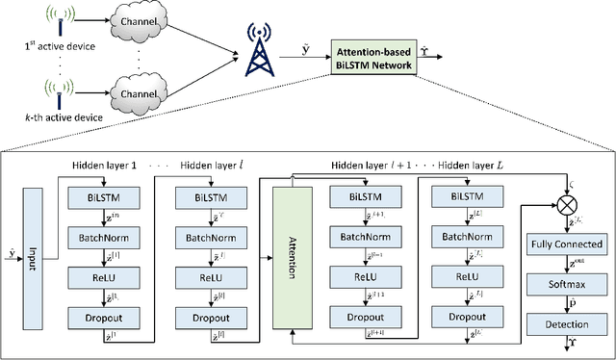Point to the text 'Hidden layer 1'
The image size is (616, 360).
pyautogui.click(x=106, y=165)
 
